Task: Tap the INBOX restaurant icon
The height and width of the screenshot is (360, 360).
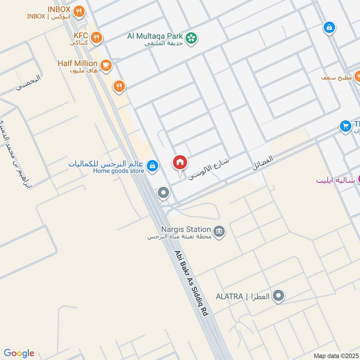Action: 79,12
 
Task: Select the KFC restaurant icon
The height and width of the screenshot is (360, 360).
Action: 96,38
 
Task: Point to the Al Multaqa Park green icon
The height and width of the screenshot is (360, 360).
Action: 192,38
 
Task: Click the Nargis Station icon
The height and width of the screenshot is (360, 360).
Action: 219,232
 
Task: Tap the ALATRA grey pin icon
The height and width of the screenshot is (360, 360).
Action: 279,296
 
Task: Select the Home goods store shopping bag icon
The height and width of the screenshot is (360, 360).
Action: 153,166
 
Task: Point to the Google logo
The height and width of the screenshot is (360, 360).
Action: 19,353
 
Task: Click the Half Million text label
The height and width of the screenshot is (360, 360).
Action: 77,63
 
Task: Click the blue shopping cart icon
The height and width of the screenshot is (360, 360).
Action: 346,126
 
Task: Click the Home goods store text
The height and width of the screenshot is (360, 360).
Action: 119,171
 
